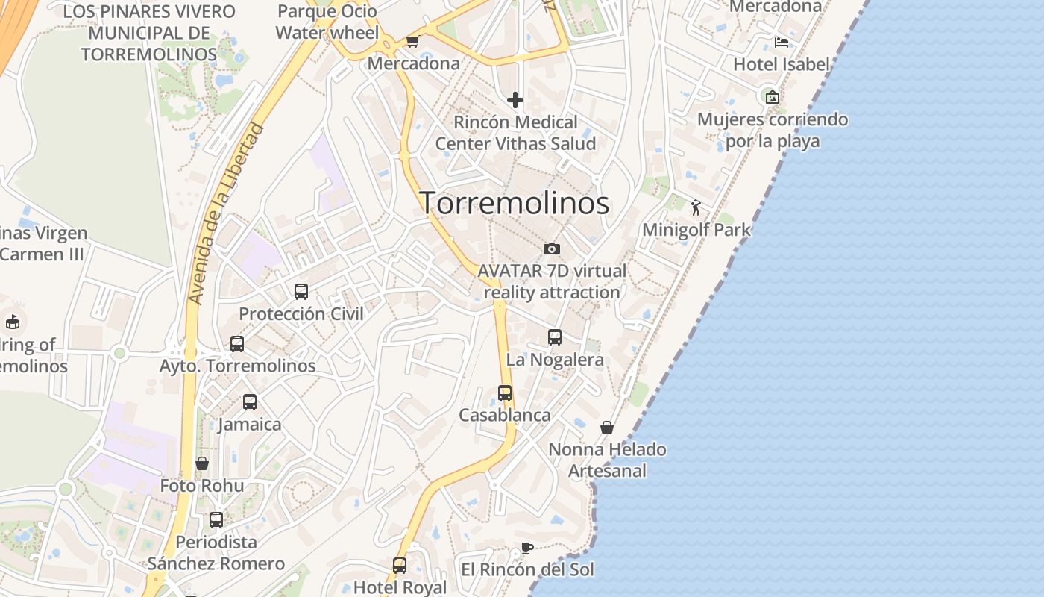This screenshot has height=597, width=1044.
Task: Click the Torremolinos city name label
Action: (515, 203)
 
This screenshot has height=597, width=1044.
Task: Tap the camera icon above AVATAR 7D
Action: (552, 249)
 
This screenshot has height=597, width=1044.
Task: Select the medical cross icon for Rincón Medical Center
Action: (515, 99)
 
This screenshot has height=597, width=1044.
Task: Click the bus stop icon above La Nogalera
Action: (555, 337)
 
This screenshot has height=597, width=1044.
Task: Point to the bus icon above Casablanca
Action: (505, 393)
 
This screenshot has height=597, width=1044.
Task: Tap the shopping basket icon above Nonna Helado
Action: (607, 428)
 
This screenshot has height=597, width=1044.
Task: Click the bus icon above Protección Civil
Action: (301, 292)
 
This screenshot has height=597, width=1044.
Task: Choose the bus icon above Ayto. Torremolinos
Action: (237, 344)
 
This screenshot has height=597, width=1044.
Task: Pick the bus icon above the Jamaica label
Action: (250, 402)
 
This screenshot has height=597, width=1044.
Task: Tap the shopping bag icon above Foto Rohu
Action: (202, 463)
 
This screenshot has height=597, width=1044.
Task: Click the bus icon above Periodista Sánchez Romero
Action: (216, 519)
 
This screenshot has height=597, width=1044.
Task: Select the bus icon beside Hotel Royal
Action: (400, 565)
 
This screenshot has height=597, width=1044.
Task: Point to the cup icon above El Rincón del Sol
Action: (526, 548)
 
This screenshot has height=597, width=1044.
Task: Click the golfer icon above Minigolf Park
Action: (696, 207)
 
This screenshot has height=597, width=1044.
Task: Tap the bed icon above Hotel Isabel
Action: (781, 42)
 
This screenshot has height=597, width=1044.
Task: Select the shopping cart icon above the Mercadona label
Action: (412, 41)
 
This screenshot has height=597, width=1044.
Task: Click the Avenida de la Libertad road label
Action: (227, 213)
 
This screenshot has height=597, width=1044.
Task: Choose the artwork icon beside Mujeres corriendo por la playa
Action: (773, 97)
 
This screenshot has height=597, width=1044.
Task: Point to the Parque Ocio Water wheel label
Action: (327, 22)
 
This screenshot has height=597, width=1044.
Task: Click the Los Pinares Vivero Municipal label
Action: (149, 33)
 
